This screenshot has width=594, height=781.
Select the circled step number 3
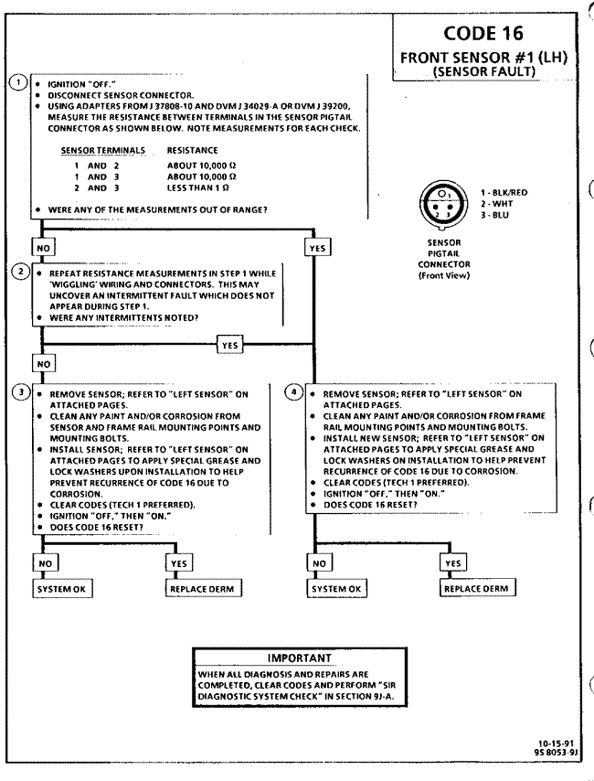16,394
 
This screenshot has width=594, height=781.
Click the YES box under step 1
318,247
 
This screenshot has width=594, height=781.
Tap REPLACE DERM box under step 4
476,588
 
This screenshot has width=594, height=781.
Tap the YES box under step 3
179,564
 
